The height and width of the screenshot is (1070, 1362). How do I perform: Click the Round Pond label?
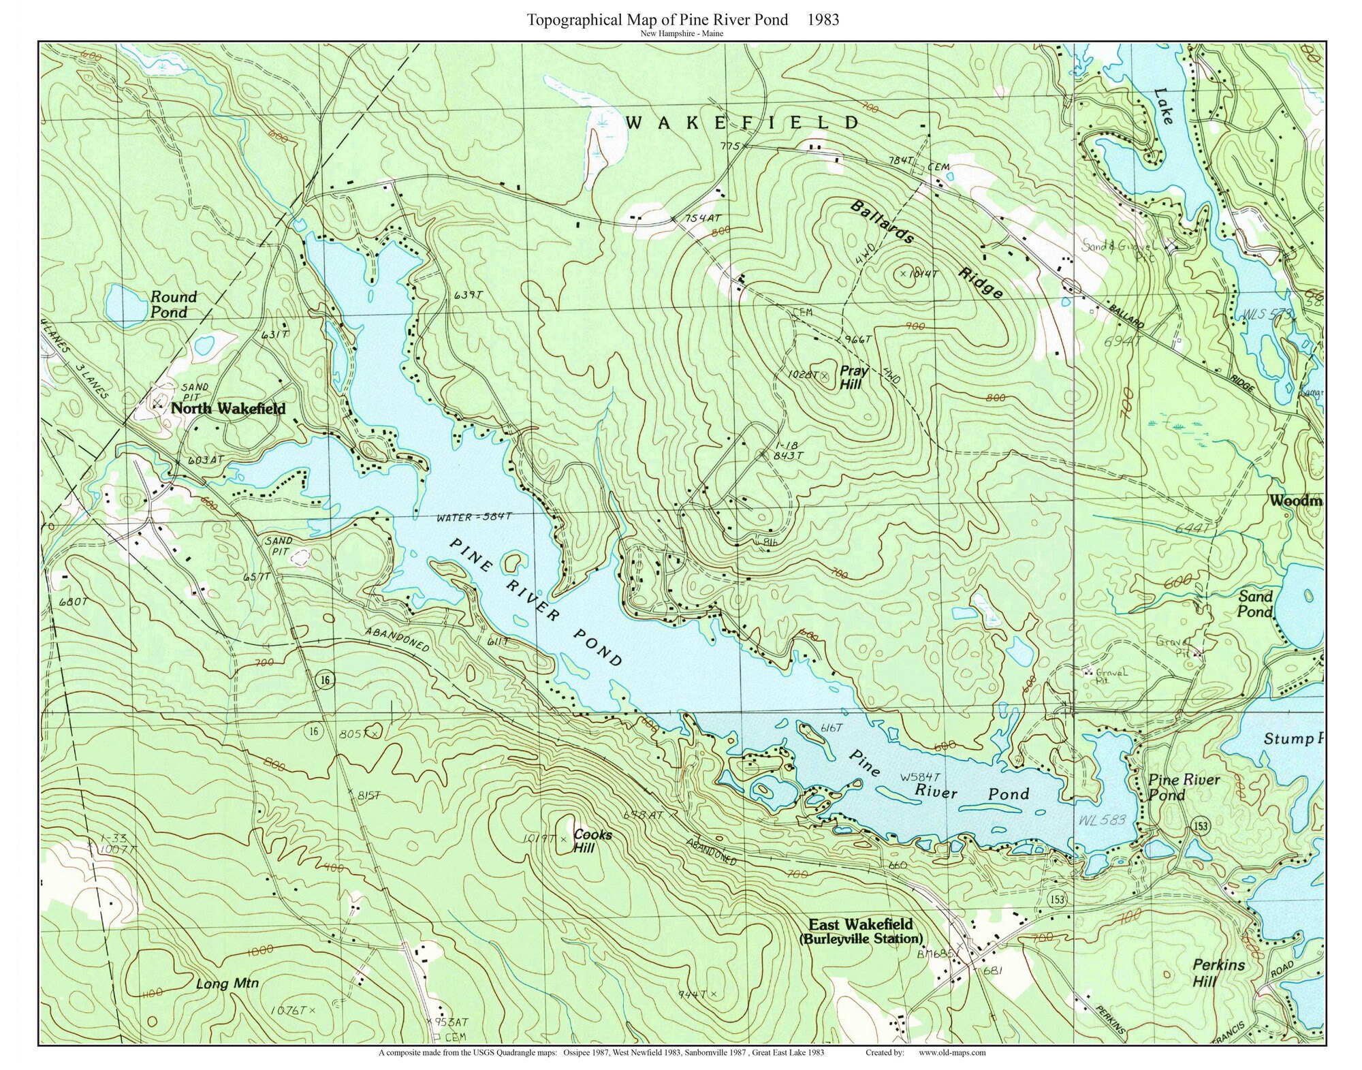click(x=173, y=304)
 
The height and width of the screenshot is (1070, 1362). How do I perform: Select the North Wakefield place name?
click(x=227, y=409)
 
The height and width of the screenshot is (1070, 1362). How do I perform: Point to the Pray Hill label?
click(x=853, y=377)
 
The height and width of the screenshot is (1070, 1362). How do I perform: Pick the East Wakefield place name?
click(x=860, y=924)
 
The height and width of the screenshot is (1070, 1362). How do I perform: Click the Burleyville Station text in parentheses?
click(x=861, y=939)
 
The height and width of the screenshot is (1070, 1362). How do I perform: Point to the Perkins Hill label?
click(x=1218, y=973)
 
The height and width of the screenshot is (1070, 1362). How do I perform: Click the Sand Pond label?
click(x=1254, y=604)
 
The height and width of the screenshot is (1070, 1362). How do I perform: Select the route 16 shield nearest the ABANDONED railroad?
click(x=327, y=680)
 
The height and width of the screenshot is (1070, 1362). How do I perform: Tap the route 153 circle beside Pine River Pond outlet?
click(x=1201, y=826)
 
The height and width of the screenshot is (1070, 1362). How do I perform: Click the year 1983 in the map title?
click(x=823, y=20)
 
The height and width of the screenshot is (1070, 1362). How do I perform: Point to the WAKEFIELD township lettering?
click(x=742, y=123)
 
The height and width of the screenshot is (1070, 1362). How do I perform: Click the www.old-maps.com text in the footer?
click(x=952, y=1052)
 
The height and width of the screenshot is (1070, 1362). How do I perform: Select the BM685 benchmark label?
click(x=936, y=954)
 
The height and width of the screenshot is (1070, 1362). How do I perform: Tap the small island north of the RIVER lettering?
click(x=512, y=562)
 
